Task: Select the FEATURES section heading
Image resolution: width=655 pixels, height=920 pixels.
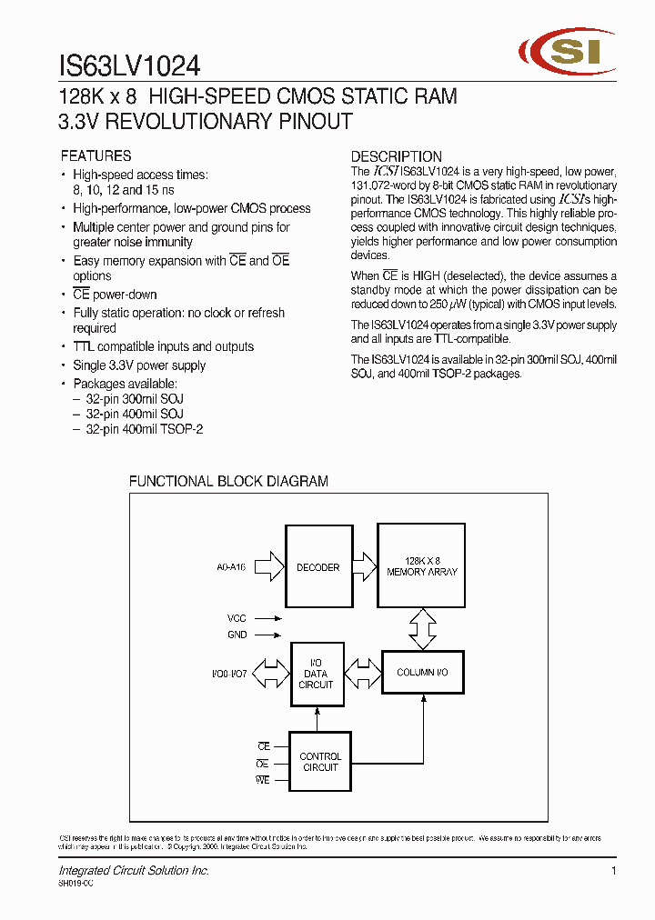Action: point(96,155)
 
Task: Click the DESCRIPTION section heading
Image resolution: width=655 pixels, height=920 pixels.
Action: point(397,155)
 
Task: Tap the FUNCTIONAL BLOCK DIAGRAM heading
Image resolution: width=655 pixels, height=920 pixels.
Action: point(228,481)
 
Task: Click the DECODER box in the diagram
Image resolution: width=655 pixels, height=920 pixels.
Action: point(317,567)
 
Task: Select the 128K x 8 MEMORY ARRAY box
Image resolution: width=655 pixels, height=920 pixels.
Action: point(421,566)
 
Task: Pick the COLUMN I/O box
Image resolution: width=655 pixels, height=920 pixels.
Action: point(421,673)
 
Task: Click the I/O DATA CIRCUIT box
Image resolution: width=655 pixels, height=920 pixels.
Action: point(317,674)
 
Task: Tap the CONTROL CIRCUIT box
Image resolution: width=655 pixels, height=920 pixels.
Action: point(320,762)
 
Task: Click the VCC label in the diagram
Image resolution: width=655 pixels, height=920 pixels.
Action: point(237,618)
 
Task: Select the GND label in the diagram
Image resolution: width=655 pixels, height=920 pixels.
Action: point(237,635)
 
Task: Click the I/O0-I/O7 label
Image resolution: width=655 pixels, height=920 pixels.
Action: point(230,674)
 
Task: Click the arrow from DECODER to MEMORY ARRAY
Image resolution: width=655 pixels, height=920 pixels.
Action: point(363,567)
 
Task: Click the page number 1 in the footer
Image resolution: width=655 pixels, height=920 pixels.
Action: point(614,871)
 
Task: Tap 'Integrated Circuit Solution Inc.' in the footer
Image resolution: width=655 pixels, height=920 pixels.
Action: point(134,871)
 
